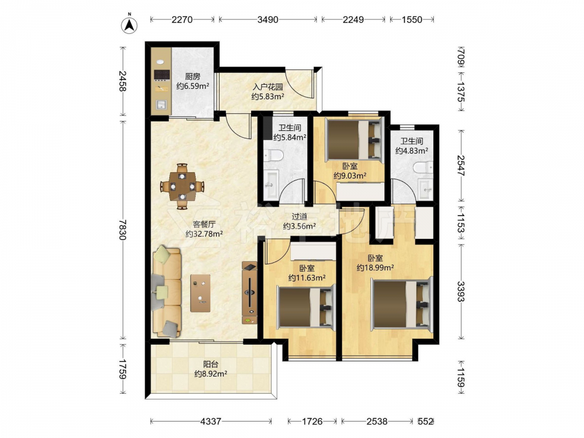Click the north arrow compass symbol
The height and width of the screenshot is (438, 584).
(130, 25)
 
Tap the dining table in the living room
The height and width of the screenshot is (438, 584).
(182, 186)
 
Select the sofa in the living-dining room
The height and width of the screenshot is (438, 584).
(166, 291)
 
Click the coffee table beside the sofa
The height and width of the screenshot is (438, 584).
(200, 293)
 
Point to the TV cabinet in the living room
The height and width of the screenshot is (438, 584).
(249, 293)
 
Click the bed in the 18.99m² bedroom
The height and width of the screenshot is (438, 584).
(402, 304)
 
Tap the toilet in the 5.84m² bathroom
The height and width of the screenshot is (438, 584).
(273, 156)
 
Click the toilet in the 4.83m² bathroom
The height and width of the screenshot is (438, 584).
(423, 168)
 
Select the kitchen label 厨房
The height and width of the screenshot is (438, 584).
(193, 77)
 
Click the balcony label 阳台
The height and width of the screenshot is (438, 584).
(211, 364)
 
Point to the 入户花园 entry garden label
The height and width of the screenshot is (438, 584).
(268, 87)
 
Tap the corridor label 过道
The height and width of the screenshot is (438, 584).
(300, 217)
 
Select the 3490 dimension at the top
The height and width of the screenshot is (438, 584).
(268, 19)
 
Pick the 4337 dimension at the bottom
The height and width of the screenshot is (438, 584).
(211, 421)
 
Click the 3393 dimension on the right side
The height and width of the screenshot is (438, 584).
(461, 291)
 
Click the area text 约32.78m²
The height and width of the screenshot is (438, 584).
(204, 234)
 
